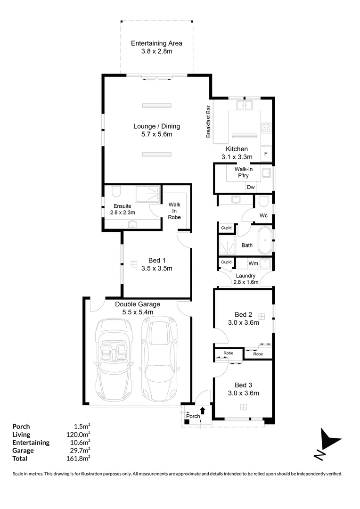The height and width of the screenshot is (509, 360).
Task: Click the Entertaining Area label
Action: pos(156,43)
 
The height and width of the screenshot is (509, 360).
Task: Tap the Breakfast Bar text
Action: pos(208,122)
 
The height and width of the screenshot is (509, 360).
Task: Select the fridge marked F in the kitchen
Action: pos(266,154)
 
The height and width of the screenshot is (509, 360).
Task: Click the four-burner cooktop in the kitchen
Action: pos(266,128)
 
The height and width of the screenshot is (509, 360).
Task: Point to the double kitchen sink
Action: pos(245,105)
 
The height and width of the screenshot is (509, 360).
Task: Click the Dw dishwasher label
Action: pos(251,187)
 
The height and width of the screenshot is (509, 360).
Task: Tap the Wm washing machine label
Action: pos(253,263)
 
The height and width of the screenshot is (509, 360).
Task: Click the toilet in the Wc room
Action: pos(263,201)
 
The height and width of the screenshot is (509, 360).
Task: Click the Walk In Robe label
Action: pos(174,211)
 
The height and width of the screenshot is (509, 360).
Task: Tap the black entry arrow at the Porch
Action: pos(203,410)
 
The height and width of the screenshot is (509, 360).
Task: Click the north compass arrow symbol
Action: pos(327,443)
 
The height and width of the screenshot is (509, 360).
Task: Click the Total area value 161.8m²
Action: pos(78,459)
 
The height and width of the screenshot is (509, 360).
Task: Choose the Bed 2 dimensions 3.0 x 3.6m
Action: pos(244,323)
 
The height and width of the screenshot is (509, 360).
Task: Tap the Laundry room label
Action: pos(245,276)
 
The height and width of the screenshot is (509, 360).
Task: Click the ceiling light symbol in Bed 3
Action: pos(244,407)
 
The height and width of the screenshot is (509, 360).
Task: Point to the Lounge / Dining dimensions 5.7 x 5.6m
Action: pos(157,134)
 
